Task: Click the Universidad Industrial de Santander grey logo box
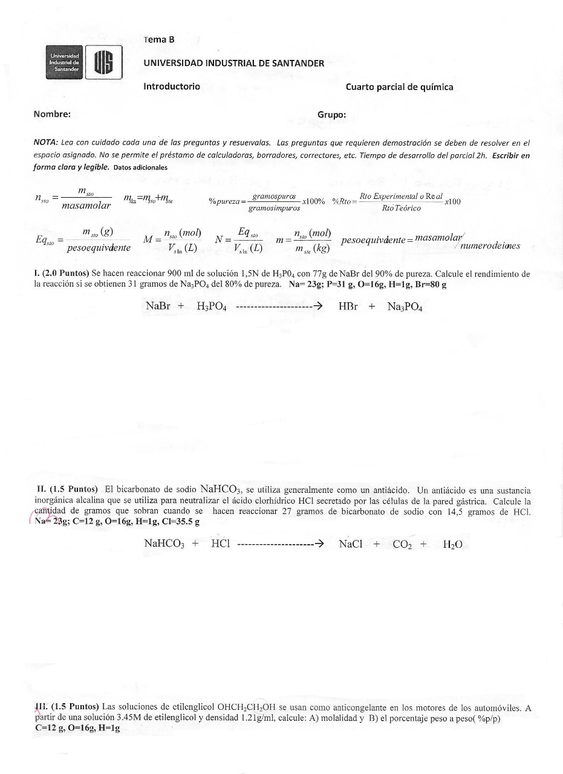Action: coord(64,63)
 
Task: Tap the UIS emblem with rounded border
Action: coord(104,63)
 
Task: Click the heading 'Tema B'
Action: coord(159,39)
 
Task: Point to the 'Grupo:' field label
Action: coord(331,114)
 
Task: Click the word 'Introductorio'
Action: coord(172,86)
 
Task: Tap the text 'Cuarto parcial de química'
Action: coord(399,86)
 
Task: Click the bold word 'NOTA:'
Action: coord(46,143)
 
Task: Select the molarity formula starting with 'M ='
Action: coord(172,239)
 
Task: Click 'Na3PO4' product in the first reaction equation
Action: coord(405,307)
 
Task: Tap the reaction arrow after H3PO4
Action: coord(278,307)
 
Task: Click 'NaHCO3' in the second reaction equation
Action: coord(164,544)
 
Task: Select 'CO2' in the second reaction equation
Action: coord(402,544)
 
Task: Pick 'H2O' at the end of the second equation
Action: coord(452,544)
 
